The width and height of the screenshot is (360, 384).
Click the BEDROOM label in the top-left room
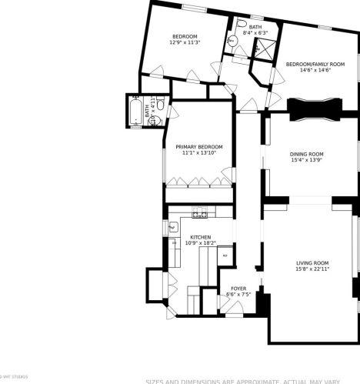(185, 37)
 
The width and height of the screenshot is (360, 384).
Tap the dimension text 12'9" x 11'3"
(185, 43)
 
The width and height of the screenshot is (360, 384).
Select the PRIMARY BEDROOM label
(198, 147)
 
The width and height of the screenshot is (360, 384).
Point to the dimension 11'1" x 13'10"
(198, 153)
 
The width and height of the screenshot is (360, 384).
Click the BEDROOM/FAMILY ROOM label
(315, 64)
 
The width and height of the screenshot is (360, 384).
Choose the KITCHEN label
(201, 237)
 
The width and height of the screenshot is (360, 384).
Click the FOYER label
(238, 289)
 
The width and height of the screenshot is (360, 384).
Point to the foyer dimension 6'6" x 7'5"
(238, 295)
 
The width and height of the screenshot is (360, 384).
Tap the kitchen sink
(173, 227)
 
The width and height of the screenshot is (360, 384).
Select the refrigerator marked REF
(225, 255)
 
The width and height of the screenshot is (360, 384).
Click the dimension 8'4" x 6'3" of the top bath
(255, 33)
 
